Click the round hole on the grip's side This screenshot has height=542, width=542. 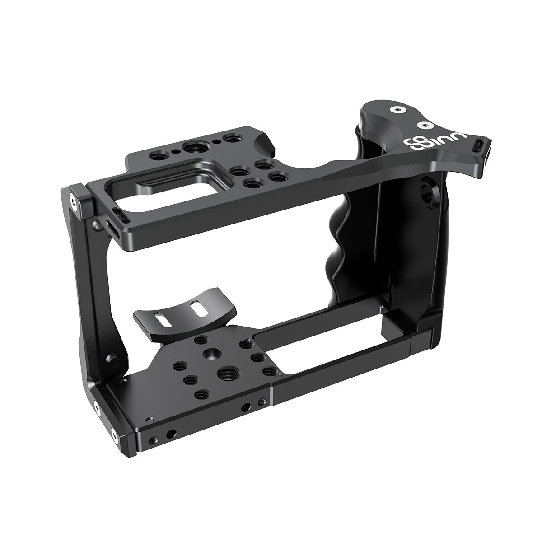[425, 186]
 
